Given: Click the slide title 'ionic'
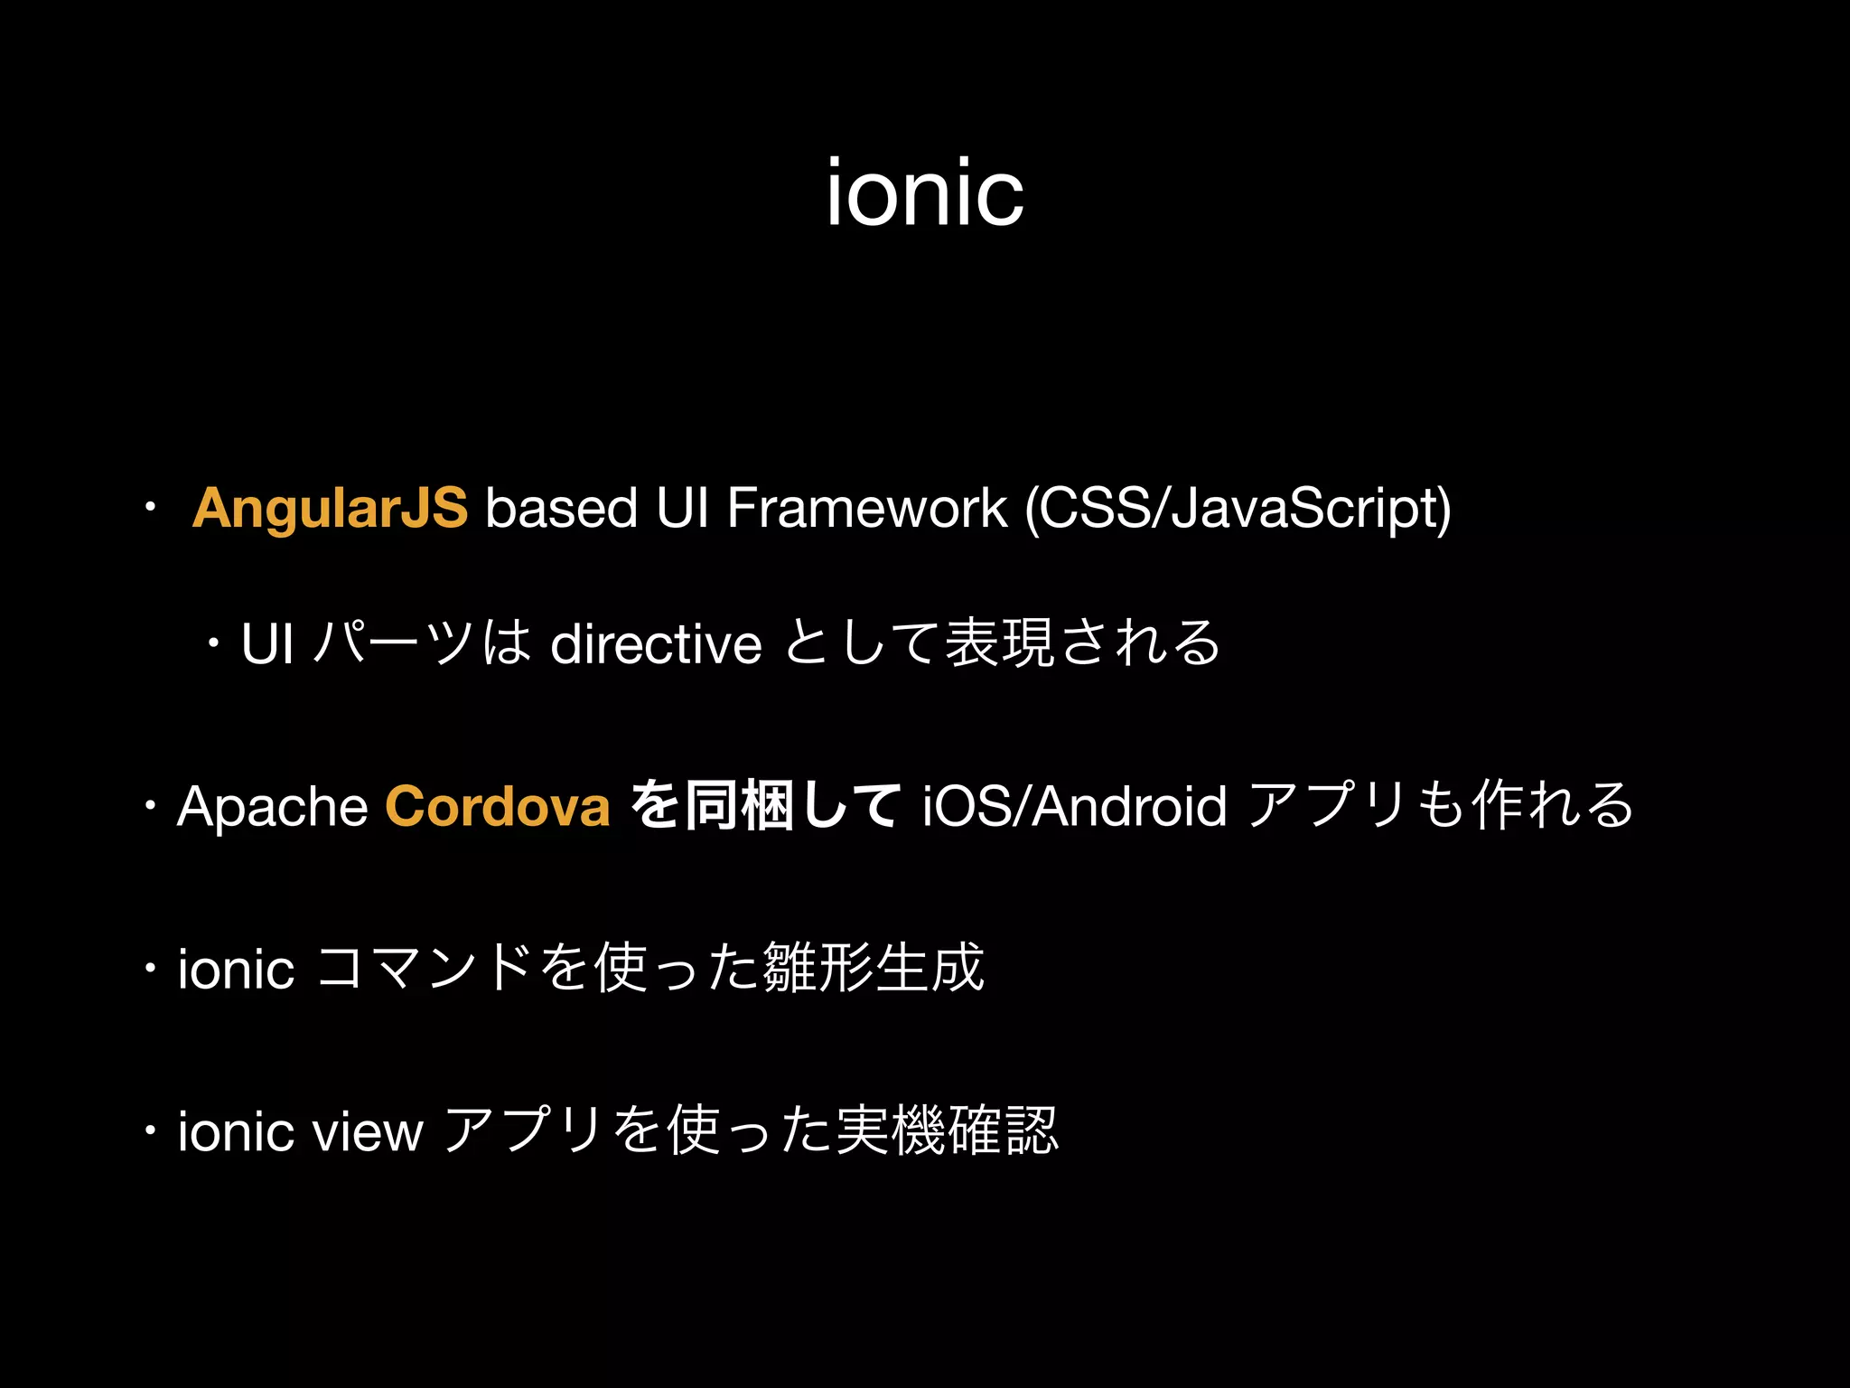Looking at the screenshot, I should [x=925, y=192].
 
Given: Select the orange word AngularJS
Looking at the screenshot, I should [x=330, y=507].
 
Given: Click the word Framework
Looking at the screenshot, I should [x=866, y=507].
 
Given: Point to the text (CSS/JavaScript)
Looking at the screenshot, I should [x=1238, y=509].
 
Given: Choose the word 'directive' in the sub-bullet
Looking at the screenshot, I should [x=656, y=644].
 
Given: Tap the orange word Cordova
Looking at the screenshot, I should [x=498, y=805].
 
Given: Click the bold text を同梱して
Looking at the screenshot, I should [x=764, y=805].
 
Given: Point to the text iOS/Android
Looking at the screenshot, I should [x=1074, y=805].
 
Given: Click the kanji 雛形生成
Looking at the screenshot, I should [x=874, y=968].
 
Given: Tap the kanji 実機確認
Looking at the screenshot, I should [x=947, y=1130].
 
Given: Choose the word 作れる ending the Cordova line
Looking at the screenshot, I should [x=1553, y=805].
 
